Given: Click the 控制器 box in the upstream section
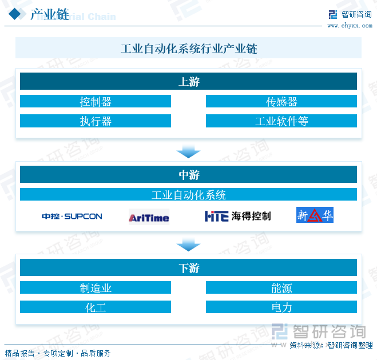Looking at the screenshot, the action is point(96,101).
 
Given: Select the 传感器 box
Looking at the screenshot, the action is point(281,101).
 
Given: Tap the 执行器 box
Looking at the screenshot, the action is point(96,121).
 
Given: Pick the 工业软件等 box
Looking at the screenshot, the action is point(281,121).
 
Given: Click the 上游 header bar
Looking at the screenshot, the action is point(189,81).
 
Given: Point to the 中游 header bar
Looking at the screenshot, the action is point(189,174).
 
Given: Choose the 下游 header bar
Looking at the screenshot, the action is point(189,267).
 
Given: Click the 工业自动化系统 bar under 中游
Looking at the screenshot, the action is point(189,194).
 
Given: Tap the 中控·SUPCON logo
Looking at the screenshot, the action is point(72,217).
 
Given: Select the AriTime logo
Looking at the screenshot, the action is point(149,217).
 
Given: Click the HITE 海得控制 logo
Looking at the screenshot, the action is point(238,216).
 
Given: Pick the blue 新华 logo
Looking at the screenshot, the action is point(315,215).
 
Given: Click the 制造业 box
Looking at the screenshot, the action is point(96,287).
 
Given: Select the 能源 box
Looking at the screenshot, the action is point(281,287).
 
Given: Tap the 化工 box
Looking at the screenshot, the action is point(96,307).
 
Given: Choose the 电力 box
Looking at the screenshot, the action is point(281,307).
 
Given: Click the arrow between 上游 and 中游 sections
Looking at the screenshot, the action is point(189,151).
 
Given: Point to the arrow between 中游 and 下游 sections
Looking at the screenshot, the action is point(189,245).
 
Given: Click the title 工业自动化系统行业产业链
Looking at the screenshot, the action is point(189,49).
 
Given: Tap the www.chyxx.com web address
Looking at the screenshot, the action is point(350,26).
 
